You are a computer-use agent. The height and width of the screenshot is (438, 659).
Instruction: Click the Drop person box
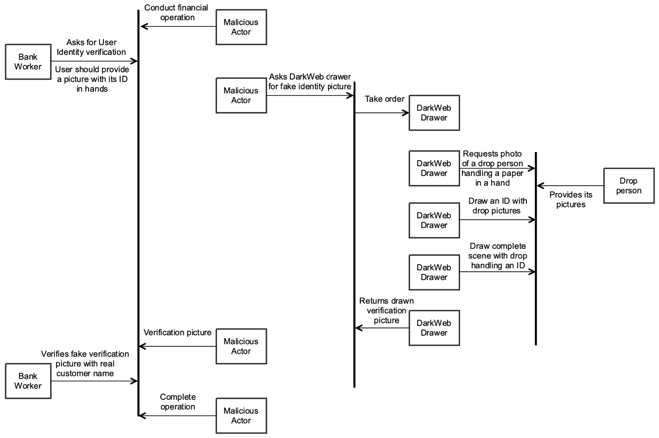click(628, 186)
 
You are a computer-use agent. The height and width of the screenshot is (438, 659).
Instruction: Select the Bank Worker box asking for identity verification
click(28, 61)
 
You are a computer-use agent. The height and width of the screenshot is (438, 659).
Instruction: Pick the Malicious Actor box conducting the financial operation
click(241, 26)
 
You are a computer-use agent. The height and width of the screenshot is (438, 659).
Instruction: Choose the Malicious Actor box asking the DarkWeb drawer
click(241, 96)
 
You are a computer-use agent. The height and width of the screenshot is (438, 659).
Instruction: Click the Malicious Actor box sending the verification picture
click(241, 346)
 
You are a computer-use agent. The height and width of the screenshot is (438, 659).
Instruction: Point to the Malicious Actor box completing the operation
click(241, 414)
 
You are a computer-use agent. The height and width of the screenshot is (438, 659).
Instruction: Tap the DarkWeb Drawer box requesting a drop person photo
click(435, 167)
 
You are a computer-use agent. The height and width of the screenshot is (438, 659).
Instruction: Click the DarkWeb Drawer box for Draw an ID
click(435, 218)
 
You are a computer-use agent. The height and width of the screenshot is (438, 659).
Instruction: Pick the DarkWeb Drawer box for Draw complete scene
click(435, 273)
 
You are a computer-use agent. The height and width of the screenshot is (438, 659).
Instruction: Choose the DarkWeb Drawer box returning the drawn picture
click(435, 328)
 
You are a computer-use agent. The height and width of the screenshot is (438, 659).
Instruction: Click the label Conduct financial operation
click(176, 12)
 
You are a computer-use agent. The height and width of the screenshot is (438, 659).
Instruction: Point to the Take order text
click(384, 100)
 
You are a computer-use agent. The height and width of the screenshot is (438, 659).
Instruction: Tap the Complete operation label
click(178, 402)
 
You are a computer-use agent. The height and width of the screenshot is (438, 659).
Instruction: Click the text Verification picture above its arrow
click(177, 332)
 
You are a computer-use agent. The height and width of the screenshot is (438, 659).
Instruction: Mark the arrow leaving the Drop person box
click(569, 186)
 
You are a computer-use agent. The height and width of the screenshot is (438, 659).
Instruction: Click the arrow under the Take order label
click(382, 113)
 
